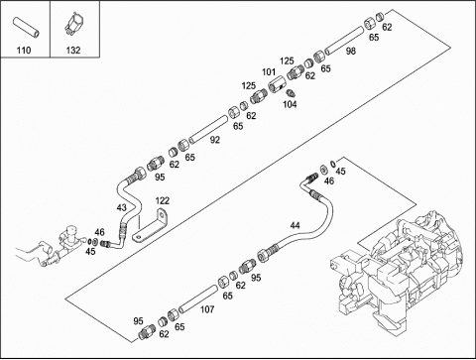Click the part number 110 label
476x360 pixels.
pyautogui.click(x=24, y=51)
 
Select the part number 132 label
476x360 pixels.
pyautogui.click(x=73, y=51)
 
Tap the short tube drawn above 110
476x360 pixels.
pyautogui.click(x=26, y=27)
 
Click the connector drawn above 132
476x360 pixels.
pyautogui.click(x=73, y=24)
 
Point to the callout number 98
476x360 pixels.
pyautogui.click(x=351, y=51)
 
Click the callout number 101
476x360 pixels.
pyautogui.click(x=269, y=71)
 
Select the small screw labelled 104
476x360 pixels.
pyautogui.click(x=290, y=93)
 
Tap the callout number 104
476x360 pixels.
pyautogui.click(x=290, y=104)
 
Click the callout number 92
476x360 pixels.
pyautogui.click(x=215, y=140)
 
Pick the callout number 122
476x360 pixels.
pyautogui.click(x=163, y=200)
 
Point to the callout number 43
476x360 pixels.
pyautogui.click(x=122, y=207)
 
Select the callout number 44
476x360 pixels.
pyautogui.click(x=295, y=225)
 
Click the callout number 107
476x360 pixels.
pyautogui.click(x=207, y=309)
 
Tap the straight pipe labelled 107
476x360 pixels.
pyautogui.click(x=197, y=300)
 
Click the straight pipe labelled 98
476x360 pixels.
pyautogui.click(x=344, y=41)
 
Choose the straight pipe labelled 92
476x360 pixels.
pyautogui.click(x=208, y=129)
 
